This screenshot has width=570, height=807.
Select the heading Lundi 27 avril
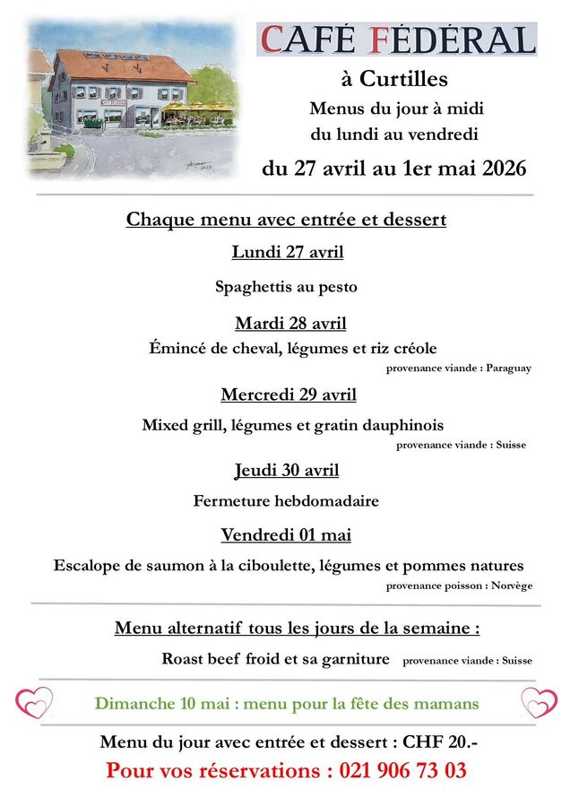[287, 252]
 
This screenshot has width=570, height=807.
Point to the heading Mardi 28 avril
[290, 323]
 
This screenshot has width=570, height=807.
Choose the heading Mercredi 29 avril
[289, 395]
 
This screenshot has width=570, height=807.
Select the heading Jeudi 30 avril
[287, 470]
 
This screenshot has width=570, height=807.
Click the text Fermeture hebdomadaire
[286, 501]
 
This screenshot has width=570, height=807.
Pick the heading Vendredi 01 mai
[286, 535]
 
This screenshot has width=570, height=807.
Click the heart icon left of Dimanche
[35, 702]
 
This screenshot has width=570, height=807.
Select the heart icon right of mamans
[539, 702]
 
